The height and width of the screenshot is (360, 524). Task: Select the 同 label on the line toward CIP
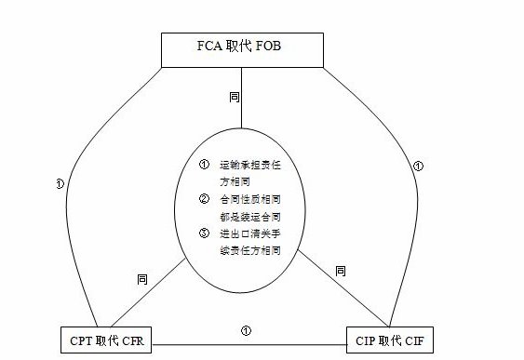tap(340, 271)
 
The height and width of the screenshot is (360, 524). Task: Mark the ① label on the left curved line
tap(60, 183)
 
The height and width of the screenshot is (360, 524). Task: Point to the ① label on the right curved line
tap(418, 167)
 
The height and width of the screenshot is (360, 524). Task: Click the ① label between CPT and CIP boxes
tap(246, 329)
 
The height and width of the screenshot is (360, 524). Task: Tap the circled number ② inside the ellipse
tap(204, 199)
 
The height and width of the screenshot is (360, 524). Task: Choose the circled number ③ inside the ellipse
tap(204, 233)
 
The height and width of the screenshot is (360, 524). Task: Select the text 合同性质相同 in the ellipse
tap(249, 199)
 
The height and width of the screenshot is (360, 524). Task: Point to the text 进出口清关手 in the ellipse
tap(249, 233)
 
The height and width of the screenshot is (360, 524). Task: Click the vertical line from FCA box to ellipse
tap(241, 116)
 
